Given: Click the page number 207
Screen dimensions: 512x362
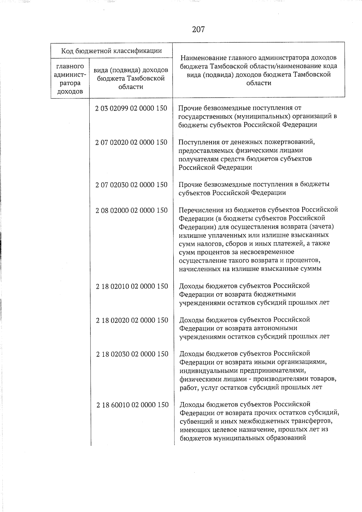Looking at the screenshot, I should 198,29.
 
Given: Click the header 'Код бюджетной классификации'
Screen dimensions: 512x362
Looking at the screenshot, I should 111,50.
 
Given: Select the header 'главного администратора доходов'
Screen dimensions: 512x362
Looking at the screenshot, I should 70,78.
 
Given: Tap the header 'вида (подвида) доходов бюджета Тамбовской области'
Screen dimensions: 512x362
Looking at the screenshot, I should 131,78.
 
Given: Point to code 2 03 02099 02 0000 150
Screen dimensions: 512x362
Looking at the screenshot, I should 131,108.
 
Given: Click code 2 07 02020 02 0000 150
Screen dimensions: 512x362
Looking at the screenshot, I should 131,142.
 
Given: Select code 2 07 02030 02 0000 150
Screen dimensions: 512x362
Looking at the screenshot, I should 131,185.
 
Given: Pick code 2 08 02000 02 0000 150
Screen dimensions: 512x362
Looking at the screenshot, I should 132,210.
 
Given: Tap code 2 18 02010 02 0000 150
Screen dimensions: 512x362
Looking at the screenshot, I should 132,286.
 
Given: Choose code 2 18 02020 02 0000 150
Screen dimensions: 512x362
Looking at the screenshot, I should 132,320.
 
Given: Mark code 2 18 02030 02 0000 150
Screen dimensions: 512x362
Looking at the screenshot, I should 132,354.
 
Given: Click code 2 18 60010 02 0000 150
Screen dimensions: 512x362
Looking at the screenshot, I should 132,405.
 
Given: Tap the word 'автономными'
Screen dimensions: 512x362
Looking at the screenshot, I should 278,328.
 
